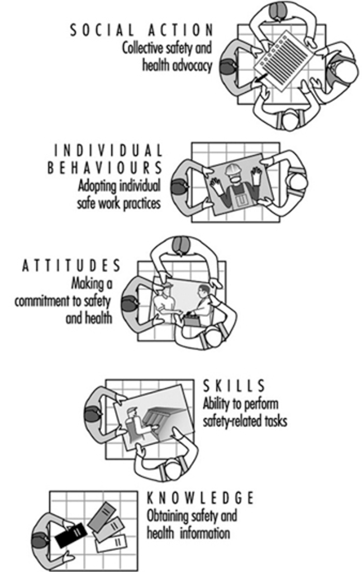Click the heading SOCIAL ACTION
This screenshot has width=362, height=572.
[141, 30]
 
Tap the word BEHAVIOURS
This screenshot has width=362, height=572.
[104, 168]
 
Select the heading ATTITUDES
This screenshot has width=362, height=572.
[71, 265]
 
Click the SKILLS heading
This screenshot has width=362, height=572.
[234, 386]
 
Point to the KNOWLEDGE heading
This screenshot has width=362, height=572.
[200, 498]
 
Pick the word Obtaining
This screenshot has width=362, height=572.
[168, 516]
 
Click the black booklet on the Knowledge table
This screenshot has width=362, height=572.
[71, 535]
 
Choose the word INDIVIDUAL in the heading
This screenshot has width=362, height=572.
[108, 150]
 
